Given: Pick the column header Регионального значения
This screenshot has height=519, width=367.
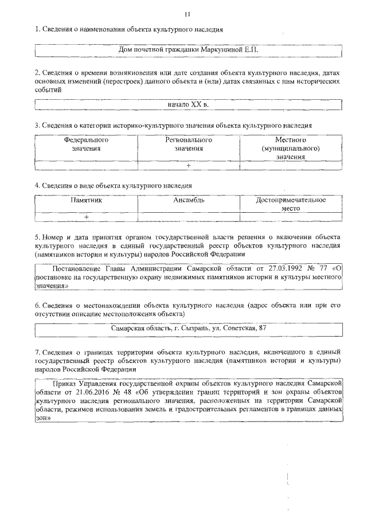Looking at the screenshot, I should (189, 144).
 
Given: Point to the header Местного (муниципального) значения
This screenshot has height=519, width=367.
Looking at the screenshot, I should (290, 148).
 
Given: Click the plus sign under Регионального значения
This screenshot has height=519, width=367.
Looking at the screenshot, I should (189, 165).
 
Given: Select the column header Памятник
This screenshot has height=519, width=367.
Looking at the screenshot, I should (86, 201).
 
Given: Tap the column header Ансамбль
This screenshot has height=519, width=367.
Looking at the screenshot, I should (189, 201).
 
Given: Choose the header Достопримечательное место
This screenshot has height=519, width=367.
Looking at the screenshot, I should (291, 205).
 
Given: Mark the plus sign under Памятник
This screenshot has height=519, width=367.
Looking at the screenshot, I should (86, 217).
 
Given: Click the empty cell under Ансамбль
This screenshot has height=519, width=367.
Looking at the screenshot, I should (189, 217).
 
